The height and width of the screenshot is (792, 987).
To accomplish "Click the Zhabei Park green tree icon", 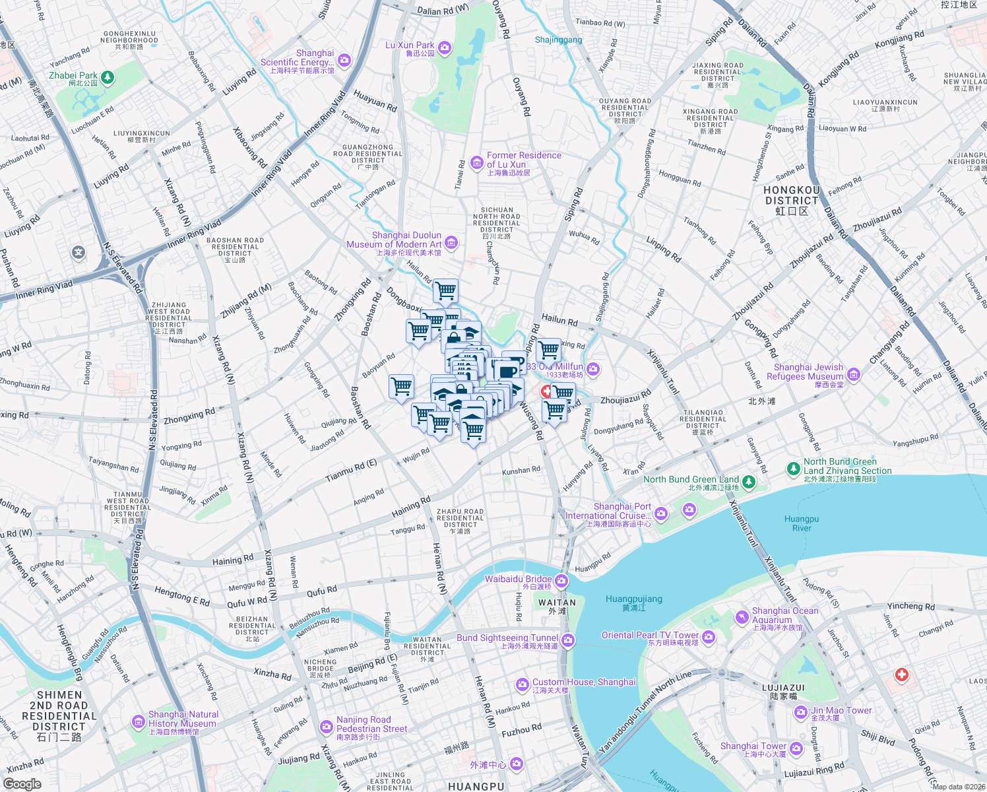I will click(107, 78).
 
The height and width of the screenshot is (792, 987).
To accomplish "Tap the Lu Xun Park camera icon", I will click(445, 48).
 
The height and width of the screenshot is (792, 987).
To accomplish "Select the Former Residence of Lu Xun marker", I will click(476, 162).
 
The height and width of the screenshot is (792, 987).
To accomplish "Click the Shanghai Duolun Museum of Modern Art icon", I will click(451, 243).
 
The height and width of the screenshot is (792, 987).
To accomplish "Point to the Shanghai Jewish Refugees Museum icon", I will click(854, 375).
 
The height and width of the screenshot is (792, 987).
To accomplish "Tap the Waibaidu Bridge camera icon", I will click(561, 581).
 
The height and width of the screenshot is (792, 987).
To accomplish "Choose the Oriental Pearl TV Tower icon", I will click(709, 637).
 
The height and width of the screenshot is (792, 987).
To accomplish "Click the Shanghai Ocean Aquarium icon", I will click(742, 617).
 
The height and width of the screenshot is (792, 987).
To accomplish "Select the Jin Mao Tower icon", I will click(800, 712).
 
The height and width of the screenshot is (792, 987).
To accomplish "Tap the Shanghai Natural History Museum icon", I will click(138, 721).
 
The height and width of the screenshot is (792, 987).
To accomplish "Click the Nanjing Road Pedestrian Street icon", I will click(326, 727).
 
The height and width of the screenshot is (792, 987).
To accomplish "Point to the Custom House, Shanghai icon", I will click(522, 684).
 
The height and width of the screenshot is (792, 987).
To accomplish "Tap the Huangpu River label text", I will click(802, 523).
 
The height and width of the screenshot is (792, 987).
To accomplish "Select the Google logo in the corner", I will click(22, 783).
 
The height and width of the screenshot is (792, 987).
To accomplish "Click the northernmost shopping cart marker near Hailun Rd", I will click(446, 290).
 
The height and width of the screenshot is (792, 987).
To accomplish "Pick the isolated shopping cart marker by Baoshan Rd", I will click(401, 385).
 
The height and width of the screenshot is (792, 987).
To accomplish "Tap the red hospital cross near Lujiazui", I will click(901, 675).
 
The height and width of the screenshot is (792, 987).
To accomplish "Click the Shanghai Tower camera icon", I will click(796, 748).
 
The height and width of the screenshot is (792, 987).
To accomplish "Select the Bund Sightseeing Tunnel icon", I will click(568, 640).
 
